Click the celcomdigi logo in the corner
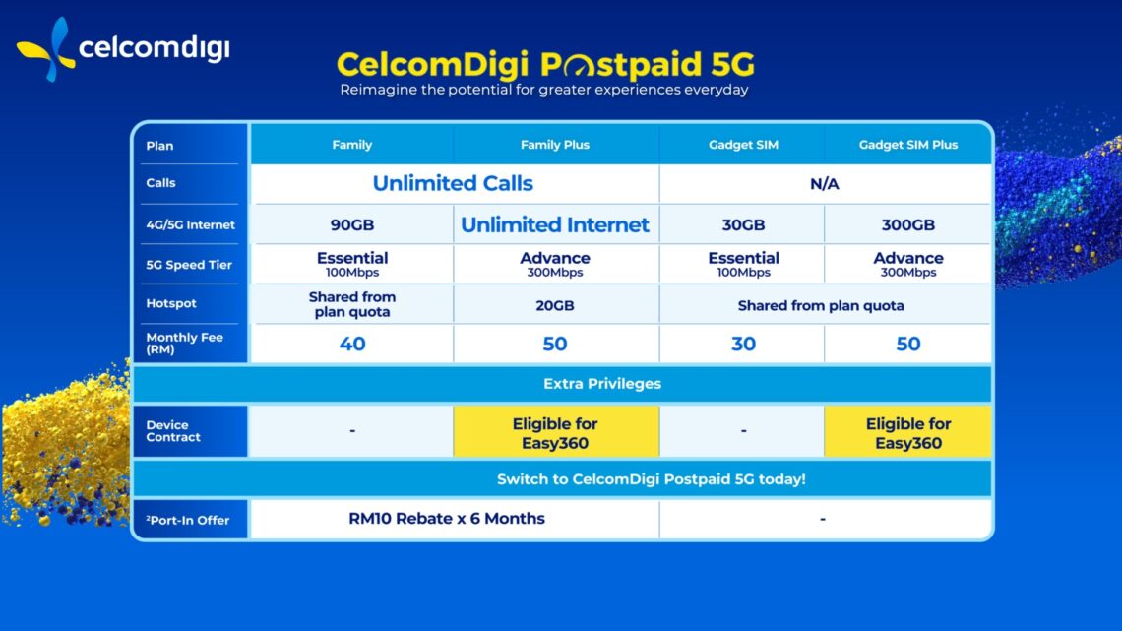pyautogui.click(x=122, y=48)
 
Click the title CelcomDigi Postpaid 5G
pyautogui.click(x=545, y=65)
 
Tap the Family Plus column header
pyautogui.click(x=555, y=145)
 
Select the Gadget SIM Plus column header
pyautogui.click(x=907, y=145)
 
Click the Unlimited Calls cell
pyautogui.click(x=453, y=183)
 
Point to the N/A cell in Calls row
pyautogui.click(x=824, y=183)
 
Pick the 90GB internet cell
pyautogui.click(x=351, y=224)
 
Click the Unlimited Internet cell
pyautogui.click(x=555, y=224)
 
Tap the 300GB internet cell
pyautogui.click(x=907, y=224)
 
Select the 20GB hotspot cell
pyautogui.click(x=555, y=305)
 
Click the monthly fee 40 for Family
pyautogui.click(x=351, y=344)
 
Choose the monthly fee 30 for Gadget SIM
pyautogui.click(x=743, y=344)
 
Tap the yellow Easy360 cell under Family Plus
pyautogui.click(x=555, y=433)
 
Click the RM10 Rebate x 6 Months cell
pyautogui.click(x=446, y=518)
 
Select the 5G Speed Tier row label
pyautogui.click(x=189, y=265)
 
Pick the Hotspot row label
pyautogui.click(x=171, y=304)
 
